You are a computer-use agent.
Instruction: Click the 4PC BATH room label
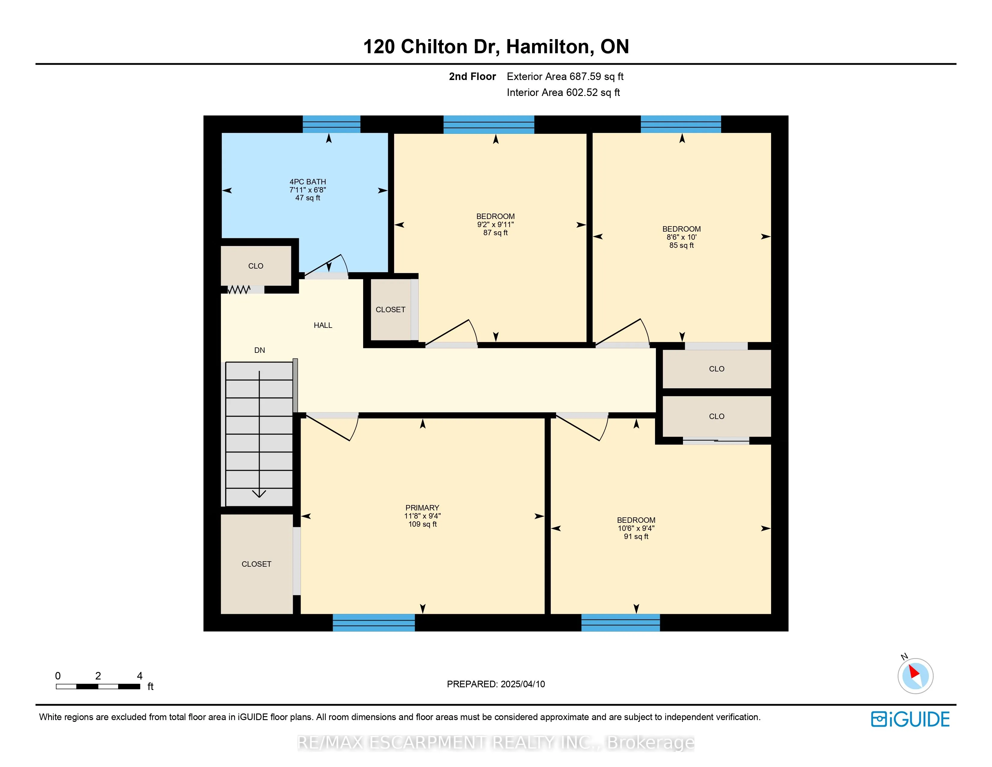(308, 182)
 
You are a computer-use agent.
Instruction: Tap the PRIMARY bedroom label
(422, 507)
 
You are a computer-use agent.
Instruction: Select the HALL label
(323, 325)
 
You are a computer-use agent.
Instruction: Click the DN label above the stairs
(259, 350)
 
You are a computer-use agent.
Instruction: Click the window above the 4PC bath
(332, 124)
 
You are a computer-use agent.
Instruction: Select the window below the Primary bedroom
(374, 623)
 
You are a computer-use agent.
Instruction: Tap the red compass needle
(914, 672)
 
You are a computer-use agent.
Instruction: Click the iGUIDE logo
(910, 719)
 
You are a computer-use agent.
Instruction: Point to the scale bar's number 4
(140, 676)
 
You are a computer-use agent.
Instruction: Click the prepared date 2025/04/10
(523, 684)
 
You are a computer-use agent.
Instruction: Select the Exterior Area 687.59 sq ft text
(565, 76)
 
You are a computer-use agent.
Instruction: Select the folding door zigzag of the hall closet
(239, 289)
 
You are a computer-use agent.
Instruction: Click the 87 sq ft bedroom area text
(495, 233)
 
